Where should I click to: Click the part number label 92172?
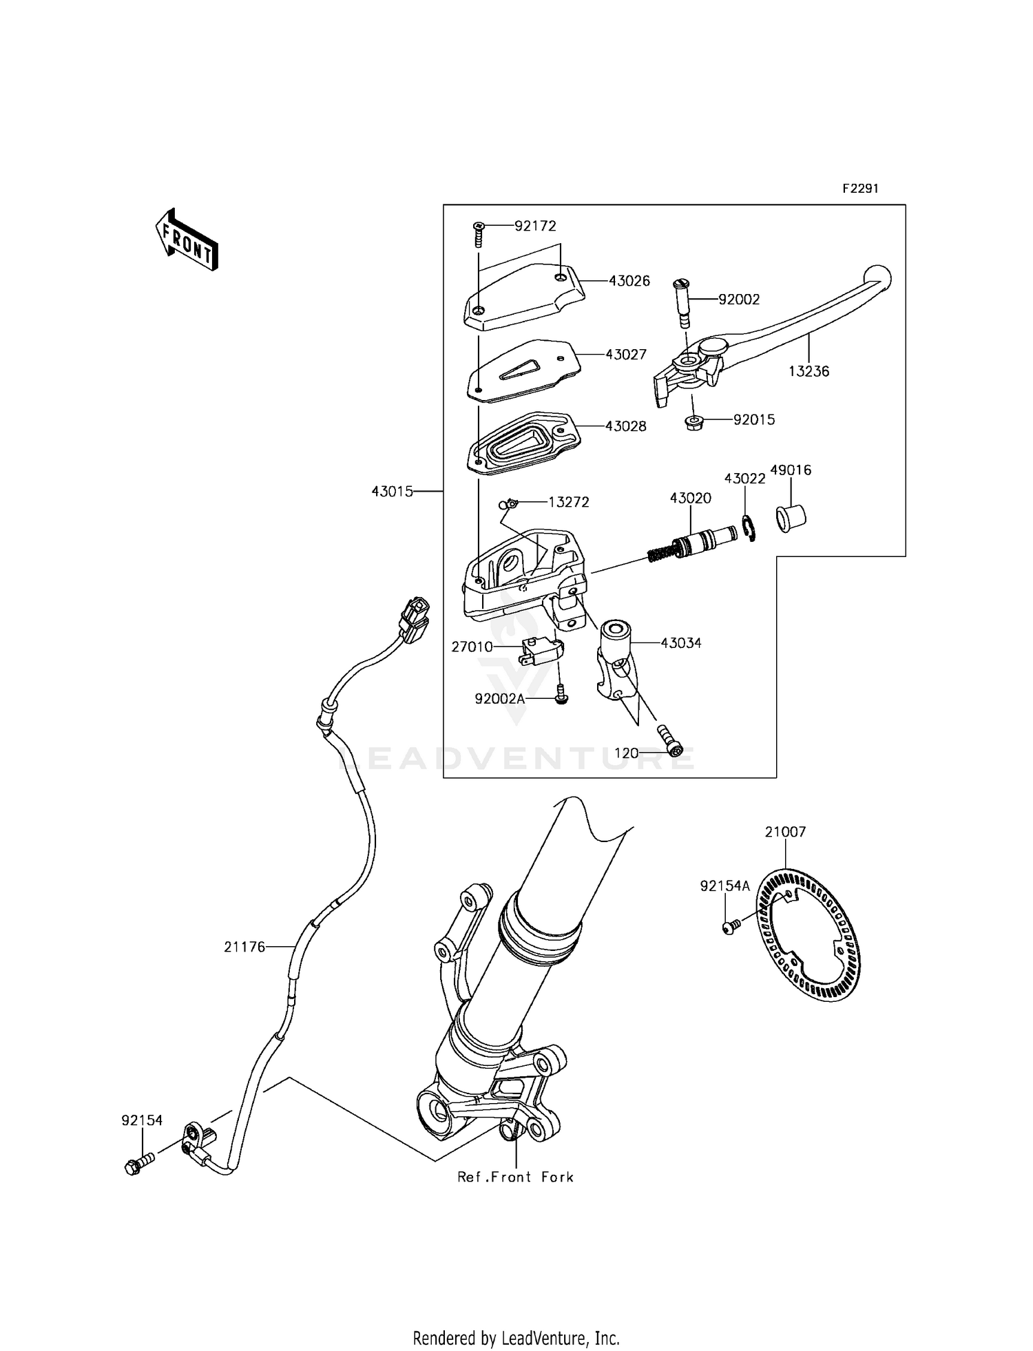pyautogui.click(x=535, y=226)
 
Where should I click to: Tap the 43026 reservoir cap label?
pyautogui.click(x=629, y=281)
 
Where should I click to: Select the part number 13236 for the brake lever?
pyautogui.click(x=808, y=371)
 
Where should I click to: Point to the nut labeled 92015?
pyautogui.click(x=694, y=423)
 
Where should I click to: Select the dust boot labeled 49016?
pyautogui.click(x=791, y=518)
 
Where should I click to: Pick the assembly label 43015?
pyautogui.click(x=392, y=491)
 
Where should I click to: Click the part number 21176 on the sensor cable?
pyautogui.click(x=244, y=947)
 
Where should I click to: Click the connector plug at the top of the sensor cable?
pyautogui.click(x=413, y=618)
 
